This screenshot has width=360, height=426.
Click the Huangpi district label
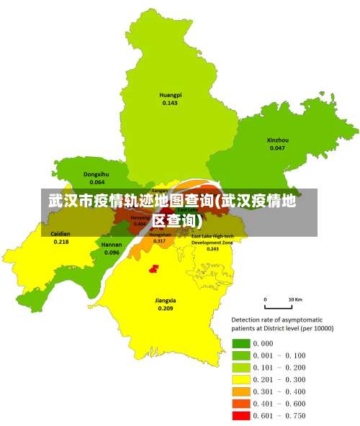tap(170, 95)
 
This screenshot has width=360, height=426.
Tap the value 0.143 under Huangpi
tap(170, 103)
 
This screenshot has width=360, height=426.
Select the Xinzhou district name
tap(277, 140)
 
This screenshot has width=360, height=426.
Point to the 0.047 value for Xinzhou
tap(277, 148)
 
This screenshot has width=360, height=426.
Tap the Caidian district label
tap(60, 234)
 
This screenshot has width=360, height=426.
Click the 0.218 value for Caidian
tap(60, 242)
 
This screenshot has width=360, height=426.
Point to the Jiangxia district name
tap(166, 300)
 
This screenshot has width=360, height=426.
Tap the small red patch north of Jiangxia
tap(153, 268)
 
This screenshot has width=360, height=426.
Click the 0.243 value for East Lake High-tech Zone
tap(212, 250)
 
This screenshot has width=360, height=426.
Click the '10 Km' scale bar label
tap(294, 299)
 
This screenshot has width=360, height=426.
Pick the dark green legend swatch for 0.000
tap(240, 343)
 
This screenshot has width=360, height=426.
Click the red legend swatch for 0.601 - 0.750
tap(240, 415)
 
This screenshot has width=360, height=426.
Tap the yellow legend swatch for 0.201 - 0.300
tap(240, 379)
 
